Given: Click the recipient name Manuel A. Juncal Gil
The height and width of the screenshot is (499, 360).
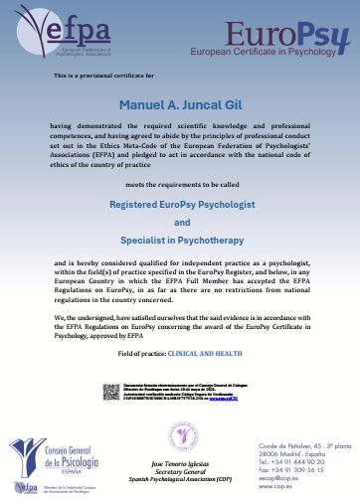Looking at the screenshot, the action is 180,105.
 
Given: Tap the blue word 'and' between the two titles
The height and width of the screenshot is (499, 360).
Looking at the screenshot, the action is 180,223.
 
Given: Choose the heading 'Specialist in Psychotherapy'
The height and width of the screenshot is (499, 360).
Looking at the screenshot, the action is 180,242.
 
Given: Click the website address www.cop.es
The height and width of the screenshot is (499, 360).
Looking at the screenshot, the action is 286,488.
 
